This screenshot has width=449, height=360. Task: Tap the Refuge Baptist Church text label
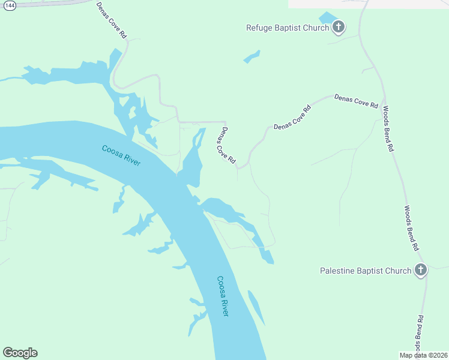288,28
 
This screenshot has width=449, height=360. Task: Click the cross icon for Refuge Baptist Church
339,27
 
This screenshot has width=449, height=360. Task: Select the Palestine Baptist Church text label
365,271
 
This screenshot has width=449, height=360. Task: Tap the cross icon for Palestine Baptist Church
420,270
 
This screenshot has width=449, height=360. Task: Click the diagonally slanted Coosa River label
121,156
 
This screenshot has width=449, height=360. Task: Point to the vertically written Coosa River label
223,296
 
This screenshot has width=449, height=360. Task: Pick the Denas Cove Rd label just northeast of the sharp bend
292,118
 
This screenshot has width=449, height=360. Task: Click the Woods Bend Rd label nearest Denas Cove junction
388,128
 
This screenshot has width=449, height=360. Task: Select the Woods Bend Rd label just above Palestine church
411,228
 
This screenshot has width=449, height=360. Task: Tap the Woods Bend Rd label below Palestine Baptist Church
421,334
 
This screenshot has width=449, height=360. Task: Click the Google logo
20,353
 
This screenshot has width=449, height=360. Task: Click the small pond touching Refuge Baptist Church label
327,18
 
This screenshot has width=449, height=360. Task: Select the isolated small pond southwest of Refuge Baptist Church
252,57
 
